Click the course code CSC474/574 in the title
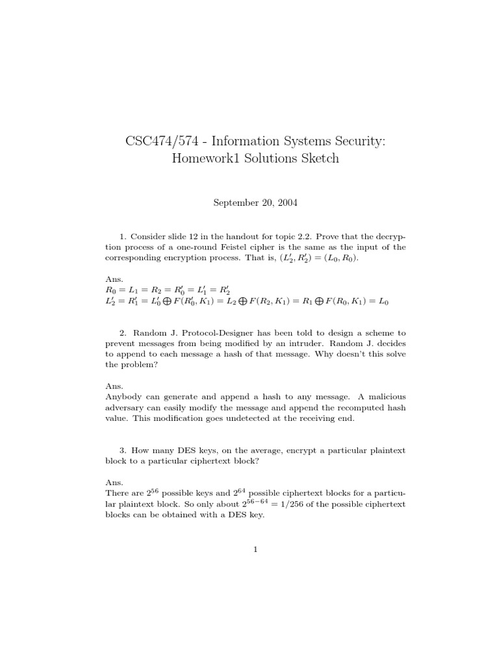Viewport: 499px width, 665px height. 152,140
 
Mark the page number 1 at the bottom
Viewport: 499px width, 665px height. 256,550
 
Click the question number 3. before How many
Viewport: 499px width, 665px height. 123,450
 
